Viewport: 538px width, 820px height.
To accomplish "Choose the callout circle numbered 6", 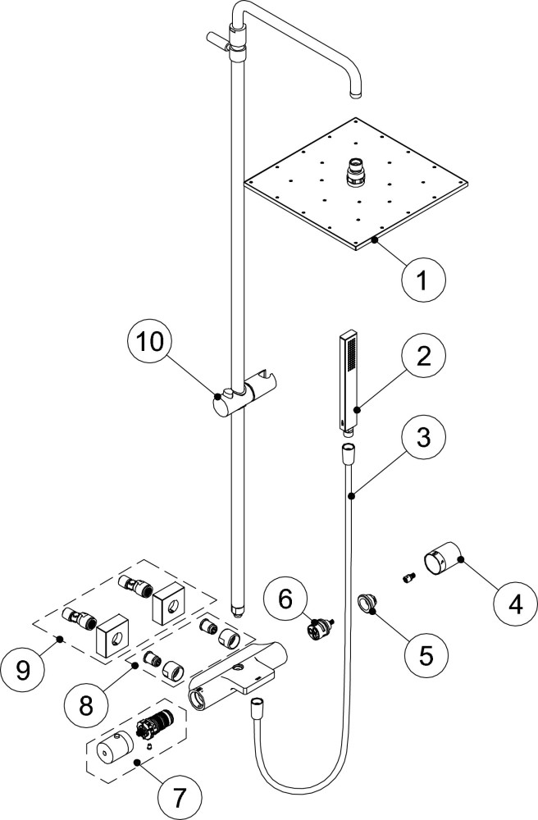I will (x=285, y=599).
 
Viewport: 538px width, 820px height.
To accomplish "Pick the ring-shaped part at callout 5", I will (x=367, y=605).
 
